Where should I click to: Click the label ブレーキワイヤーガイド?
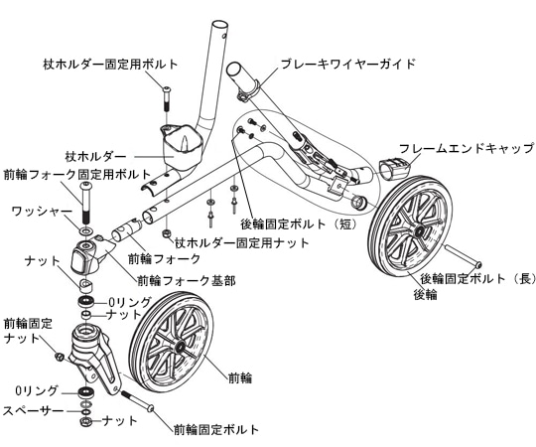(x=347, y=64)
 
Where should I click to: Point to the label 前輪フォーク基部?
(x=187, y=281)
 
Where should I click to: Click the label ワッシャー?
(x=41, y=211)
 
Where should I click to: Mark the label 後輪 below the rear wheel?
(x=426, y=295)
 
